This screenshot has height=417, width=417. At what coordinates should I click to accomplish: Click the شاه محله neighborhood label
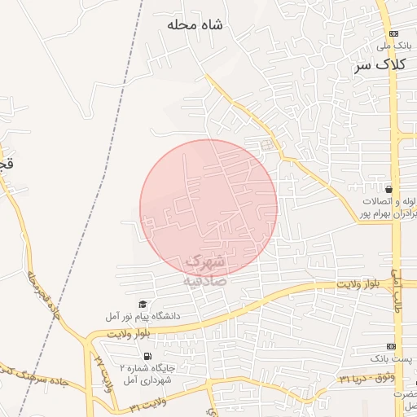click(x=195, y=25)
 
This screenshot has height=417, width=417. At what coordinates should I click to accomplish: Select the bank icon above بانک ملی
click(x=395, y=33)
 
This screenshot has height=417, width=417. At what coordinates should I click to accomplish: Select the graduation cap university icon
click(x=143, y=304)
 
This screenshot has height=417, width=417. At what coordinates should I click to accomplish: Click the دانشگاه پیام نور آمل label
click(x=143, y=315)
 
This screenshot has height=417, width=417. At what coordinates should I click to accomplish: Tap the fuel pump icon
click(x=147, y=356)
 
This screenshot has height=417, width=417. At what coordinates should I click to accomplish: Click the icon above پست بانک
click(x=401, y=345)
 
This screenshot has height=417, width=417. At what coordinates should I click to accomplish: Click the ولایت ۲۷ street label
click(x=102, y=371)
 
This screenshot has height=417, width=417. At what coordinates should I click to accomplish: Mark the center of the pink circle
click(x=208, y=208)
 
